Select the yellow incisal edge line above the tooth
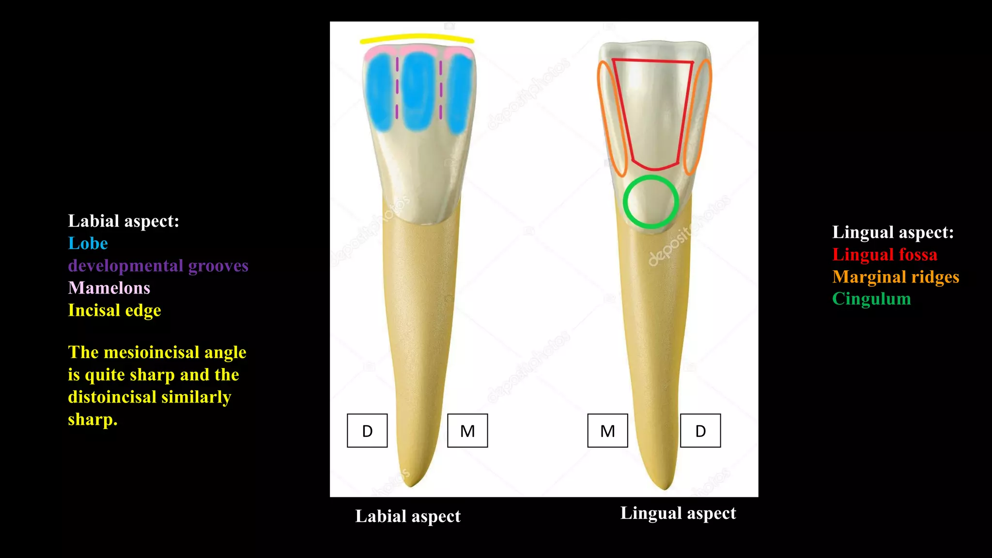click(x=417, y=37)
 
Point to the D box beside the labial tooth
click(x=367, y=431)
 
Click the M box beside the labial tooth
click(x=467, y=431)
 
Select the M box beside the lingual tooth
click(x=607, y=431)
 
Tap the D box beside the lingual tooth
click(x=700, y=431)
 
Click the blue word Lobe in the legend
click(x=88, y=243)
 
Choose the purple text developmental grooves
click(x=158, y=265)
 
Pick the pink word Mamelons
click(x=109, y=288)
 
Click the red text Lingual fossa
click(x=884, y=254)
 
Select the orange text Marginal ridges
click(x=896, y=277)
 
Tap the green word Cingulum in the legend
click(x=871, y=299)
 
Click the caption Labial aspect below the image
click(x=408, y=516)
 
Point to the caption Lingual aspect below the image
click(x=678, y=513)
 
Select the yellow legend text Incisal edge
click(x=114, y=310)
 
